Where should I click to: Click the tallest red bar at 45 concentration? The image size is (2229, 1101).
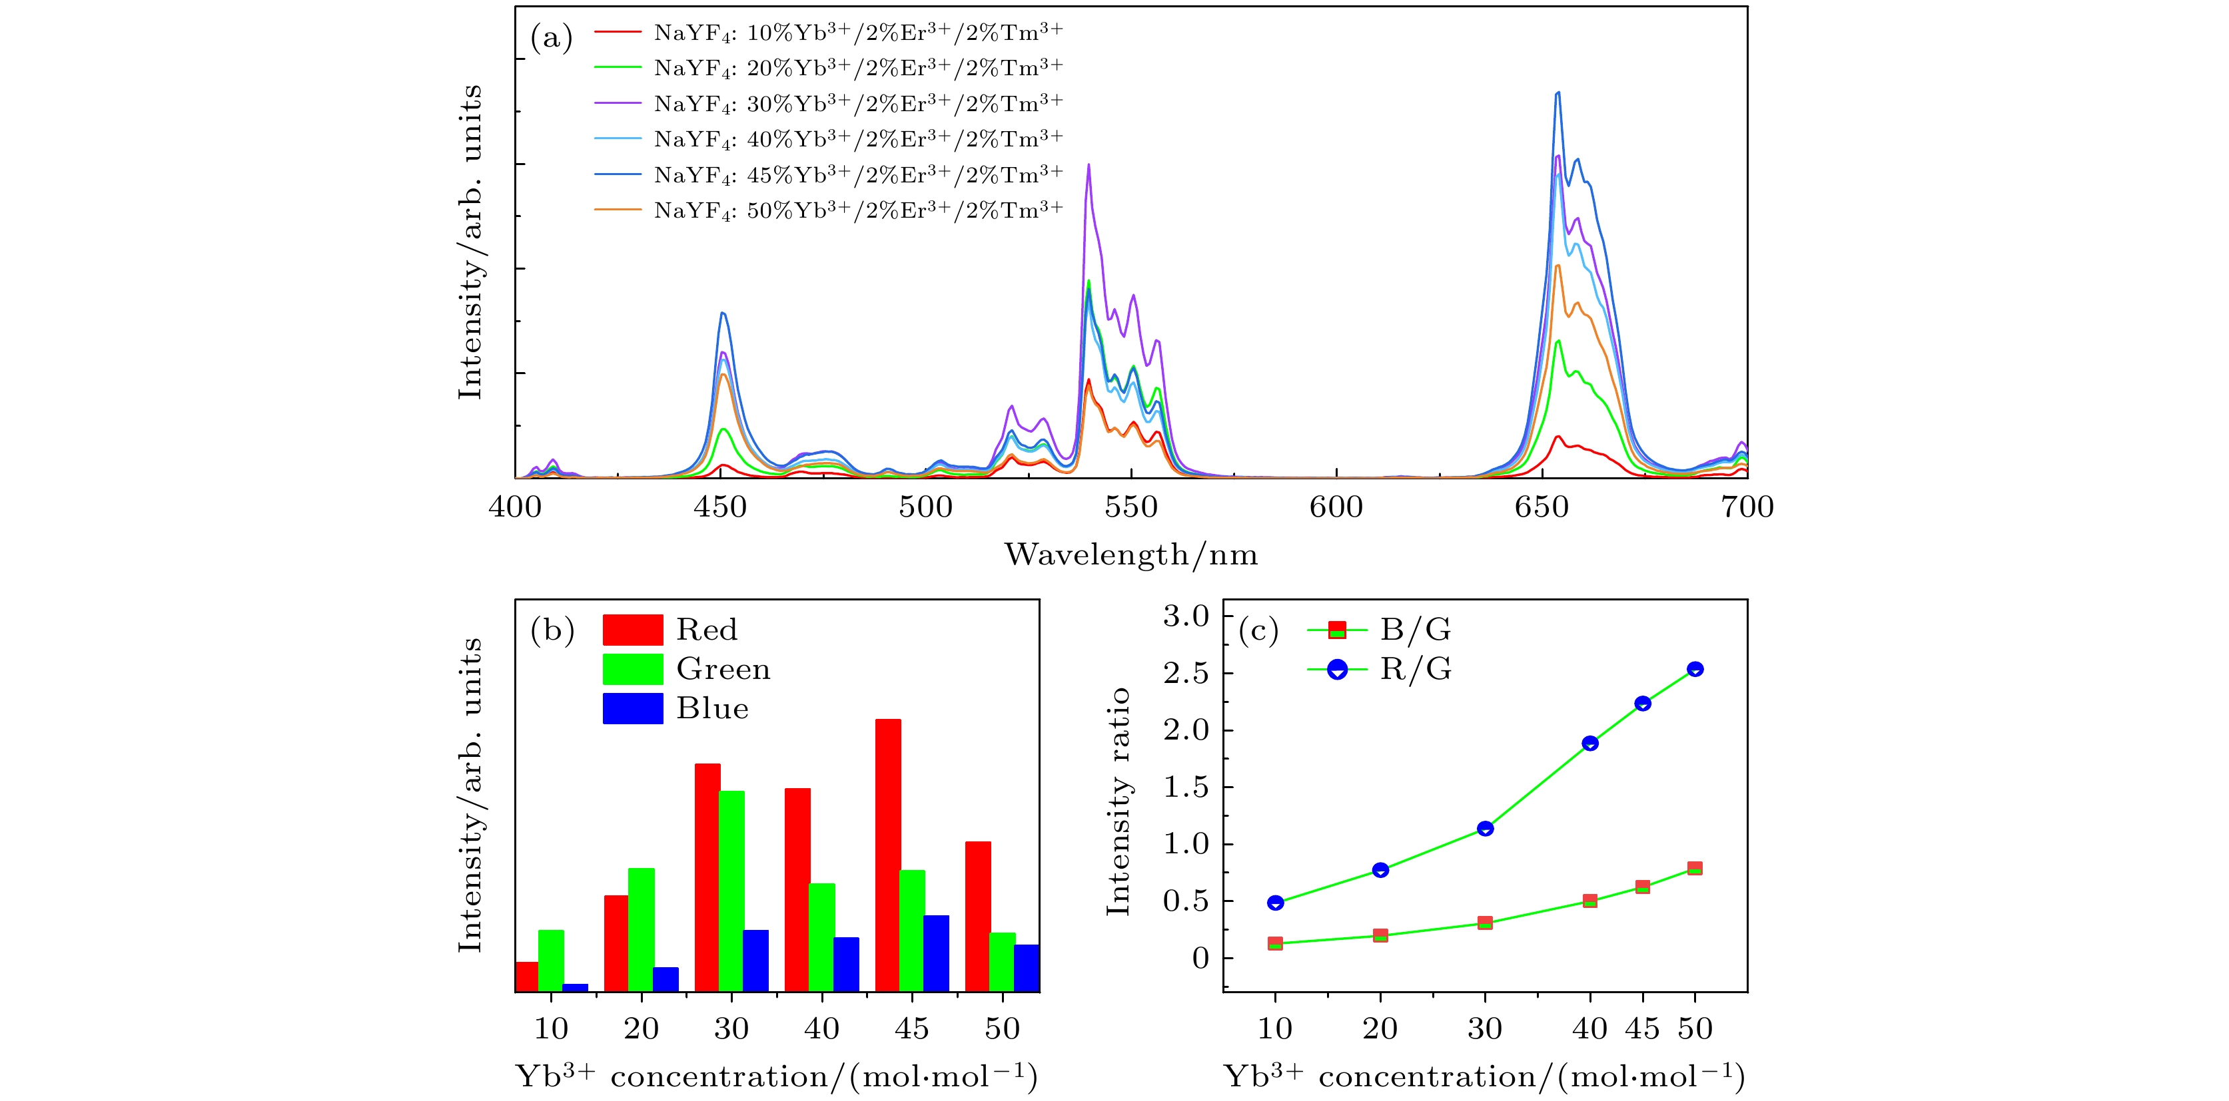point(888,855)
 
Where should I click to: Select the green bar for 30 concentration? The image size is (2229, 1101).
point(731,891)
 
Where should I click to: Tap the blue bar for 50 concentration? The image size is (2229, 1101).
point(1027,968)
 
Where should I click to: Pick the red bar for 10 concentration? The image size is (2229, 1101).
point(526,977)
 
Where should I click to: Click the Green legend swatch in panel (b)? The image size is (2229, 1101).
point(633,668)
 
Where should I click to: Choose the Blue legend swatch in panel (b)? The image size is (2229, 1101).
point(633,708)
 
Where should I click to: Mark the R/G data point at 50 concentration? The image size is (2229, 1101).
point(1694,668)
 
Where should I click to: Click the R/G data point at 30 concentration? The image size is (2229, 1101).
point(1485,829)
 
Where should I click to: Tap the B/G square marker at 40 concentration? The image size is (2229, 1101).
point(1589,901)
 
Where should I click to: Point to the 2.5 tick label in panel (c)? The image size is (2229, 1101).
point(1186,673)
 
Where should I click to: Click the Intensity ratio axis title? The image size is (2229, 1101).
point(1118,801)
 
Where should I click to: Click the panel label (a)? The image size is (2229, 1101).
point(551,38)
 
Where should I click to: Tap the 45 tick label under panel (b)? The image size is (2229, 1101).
point(911,1028)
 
